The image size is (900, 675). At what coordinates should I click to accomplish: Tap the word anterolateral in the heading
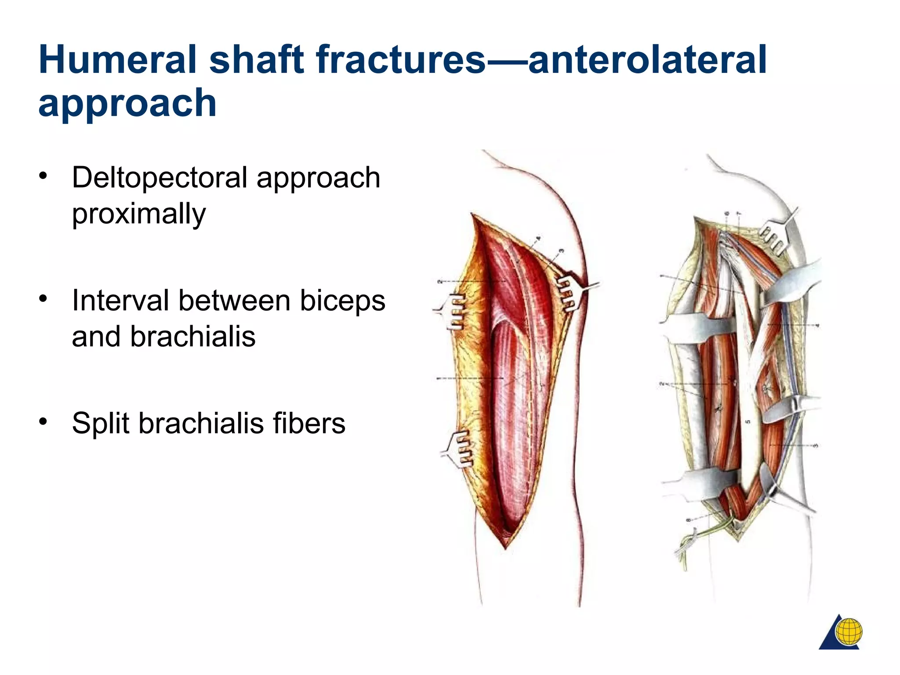click(647, 60)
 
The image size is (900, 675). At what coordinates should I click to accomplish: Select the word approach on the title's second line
click(127, 104)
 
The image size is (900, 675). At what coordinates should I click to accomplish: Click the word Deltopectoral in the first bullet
click(160, 178)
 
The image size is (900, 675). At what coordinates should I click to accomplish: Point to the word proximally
click(139, 214)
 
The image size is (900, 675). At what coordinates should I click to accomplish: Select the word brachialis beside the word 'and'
click(192, 337)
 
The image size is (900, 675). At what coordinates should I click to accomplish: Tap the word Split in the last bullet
click(100, 424)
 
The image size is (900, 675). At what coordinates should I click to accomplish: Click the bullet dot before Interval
click(43, 299)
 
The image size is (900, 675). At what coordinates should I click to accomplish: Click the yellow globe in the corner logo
click(849, 631)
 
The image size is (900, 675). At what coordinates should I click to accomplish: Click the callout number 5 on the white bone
click(748, 422)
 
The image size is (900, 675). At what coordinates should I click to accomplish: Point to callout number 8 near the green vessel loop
click(688, 520)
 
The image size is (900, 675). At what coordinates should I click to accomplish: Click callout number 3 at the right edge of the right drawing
click(816, 445)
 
